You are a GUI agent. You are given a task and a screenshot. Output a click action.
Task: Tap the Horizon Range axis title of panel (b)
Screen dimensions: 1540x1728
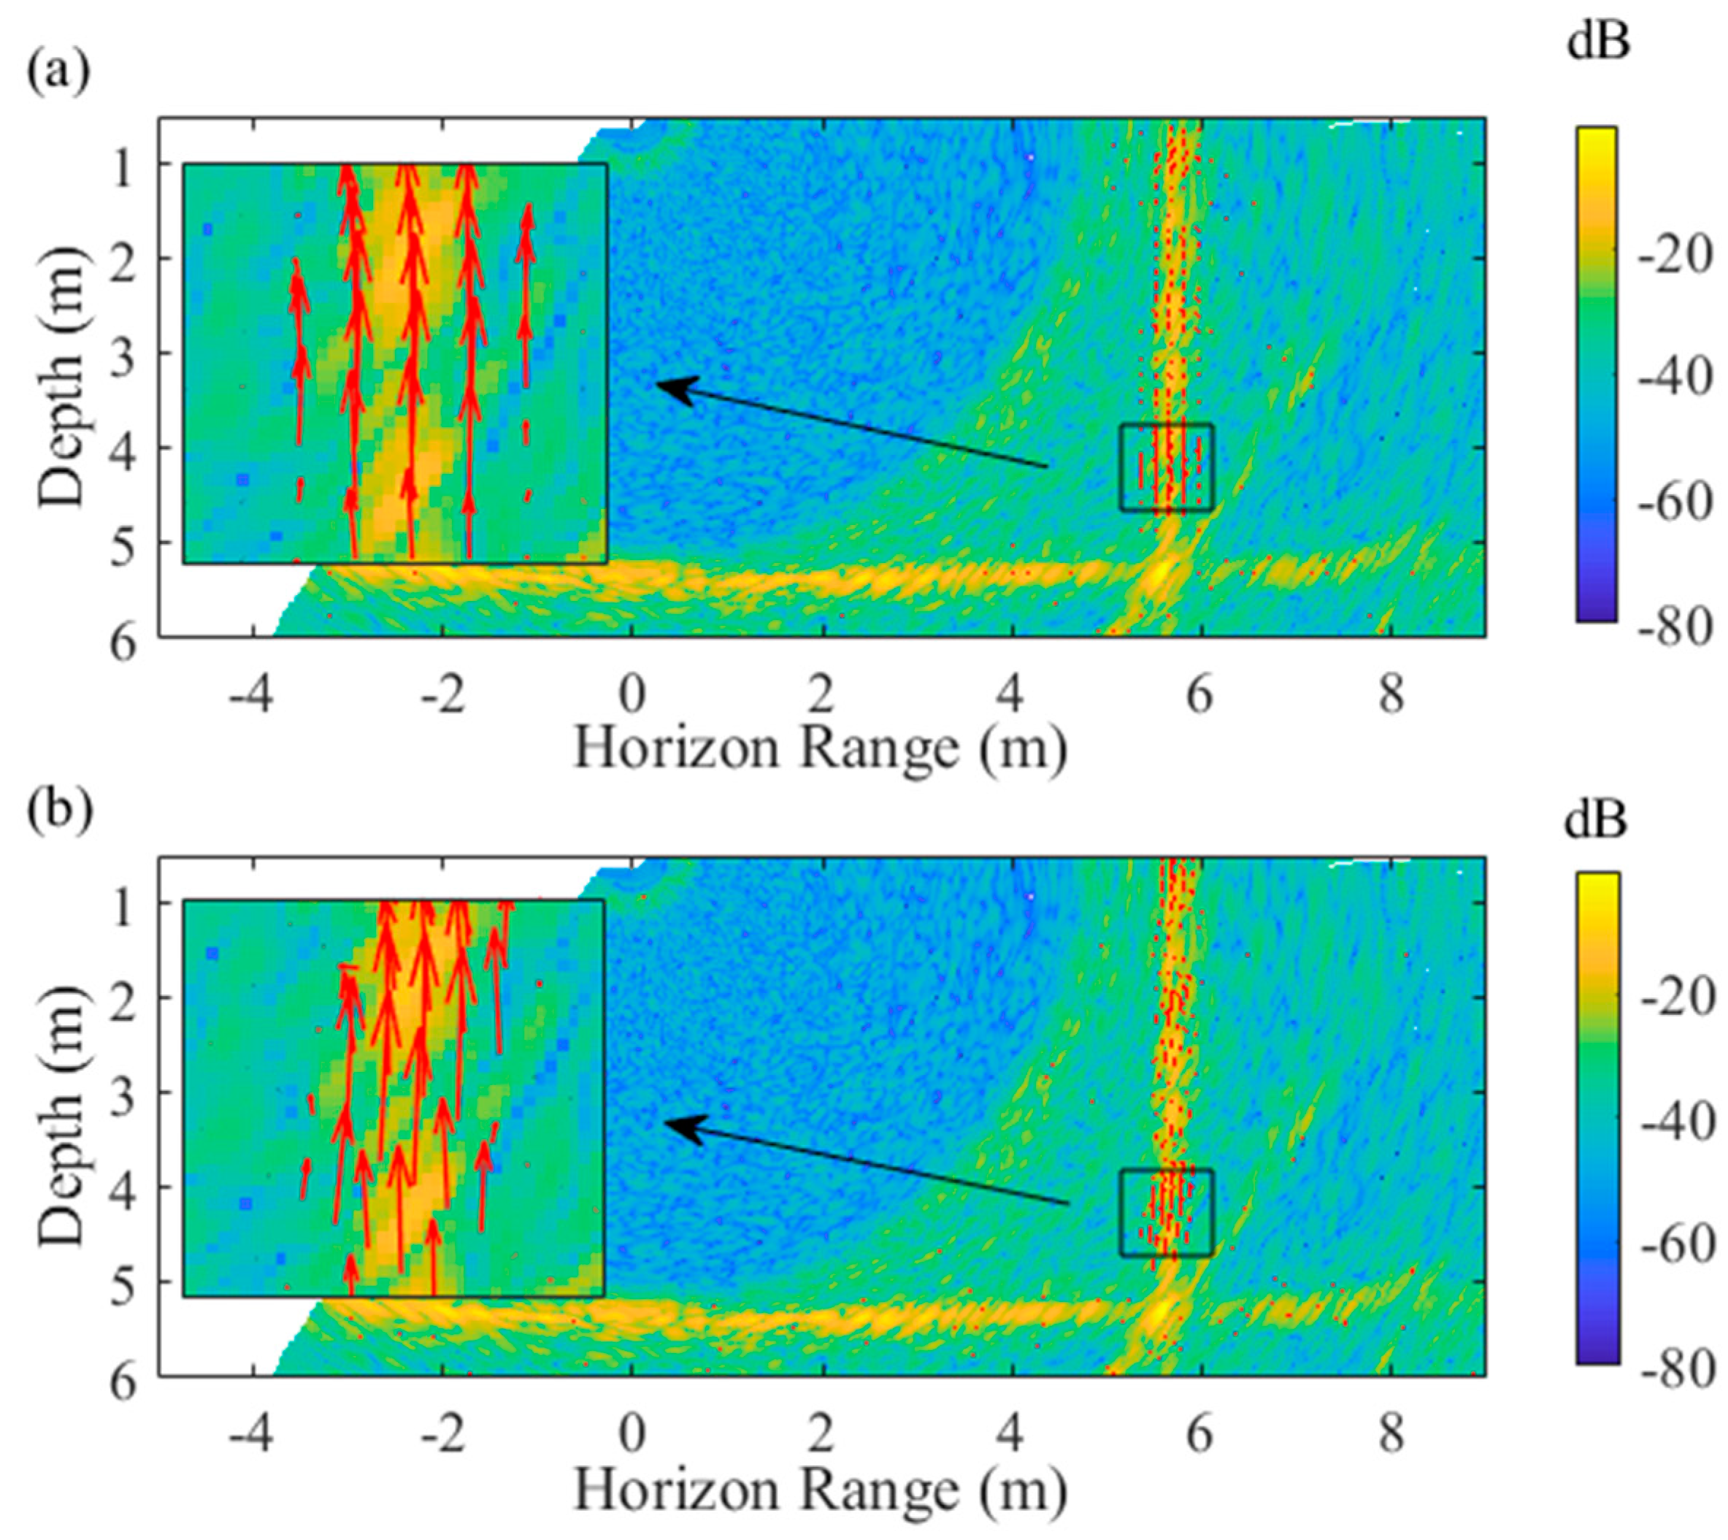point(820,1486)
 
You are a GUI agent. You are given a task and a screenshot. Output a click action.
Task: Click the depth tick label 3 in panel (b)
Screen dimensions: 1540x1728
point(123,1092)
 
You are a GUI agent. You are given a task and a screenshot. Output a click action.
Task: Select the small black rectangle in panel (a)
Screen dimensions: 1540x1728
point(1167,467)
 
